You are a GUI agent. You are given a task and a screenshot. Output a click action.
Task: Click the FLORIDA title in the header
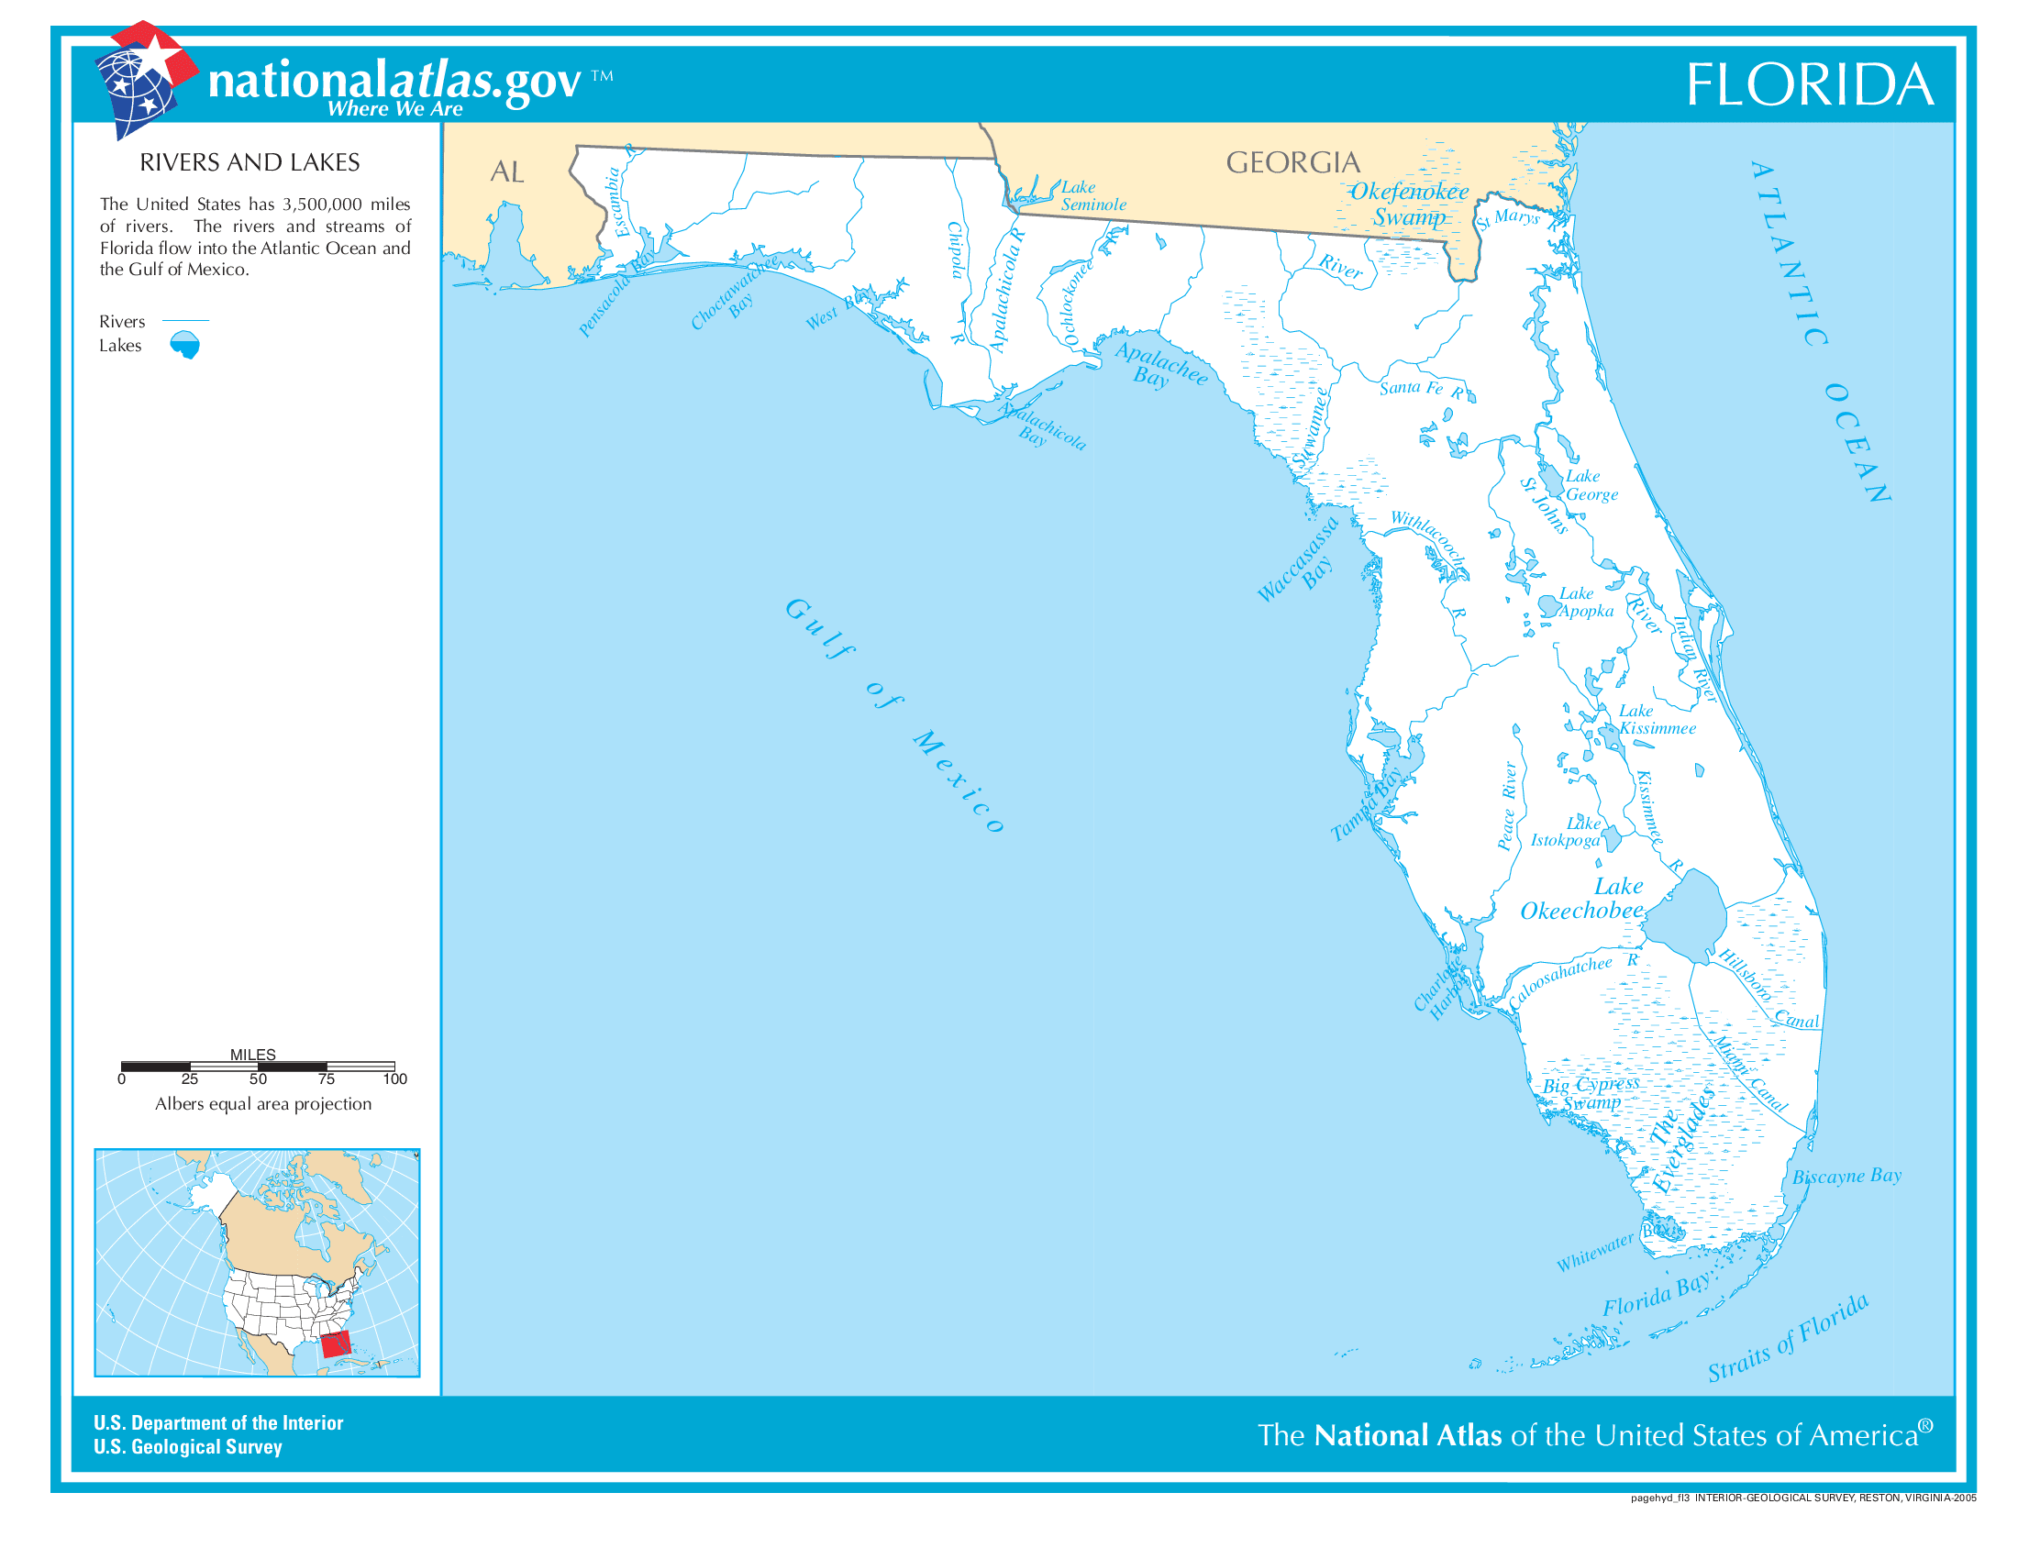pos(1809,85)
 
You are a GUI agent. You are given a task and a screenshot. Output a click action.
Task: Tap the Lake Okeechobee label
pos(1582,899)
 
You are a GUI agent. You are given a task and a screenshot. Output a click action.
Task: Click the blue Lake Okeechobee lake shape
pos(1685,918)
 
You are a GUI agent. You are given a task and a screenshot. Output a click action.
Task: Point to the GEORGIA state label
pos(1292,162)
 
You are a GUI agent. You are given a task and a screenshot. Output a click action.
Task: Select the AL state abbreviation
pos(506,171)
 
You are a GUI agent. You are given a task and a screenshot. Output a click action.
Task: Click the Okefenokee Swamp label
pos(1409,205)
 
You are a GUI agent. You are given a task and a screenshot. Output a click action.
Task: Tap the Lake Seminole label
pos(1092,196)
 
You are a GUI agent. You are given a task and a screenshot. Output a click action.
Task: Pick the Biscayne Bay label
pos(1846,1176)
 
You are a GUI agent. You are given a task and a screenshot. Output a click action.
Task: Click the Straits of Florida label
pos(1787,1339)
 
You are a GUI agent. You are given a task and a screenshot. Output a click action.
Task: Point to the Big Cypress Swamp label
pos(1591,1093)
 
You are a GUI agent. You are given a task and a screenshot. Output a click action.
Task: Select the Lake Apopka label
pos(1586,603)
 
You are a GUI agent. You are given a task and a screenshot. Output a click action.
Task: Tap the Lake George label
pos(1591,485)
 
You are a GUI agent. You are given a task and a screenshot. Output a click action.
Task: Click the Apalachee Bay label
pos(1159,364)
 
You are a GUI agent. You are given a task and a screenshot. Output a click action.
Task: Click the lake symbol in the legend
pos(184,345)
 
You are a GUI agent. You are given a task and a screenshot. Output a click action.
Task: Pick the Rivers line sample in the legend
pos(184,320)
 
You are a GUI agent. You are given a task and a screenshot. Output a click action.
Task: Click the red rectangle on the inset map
pos(337,1344)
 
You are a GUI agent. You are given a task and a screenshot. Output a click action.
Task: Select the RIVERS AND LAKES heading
pos(249,162)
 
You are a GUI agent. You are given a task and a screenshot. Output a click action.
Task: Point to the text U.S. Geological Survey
pos(187,1446)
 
